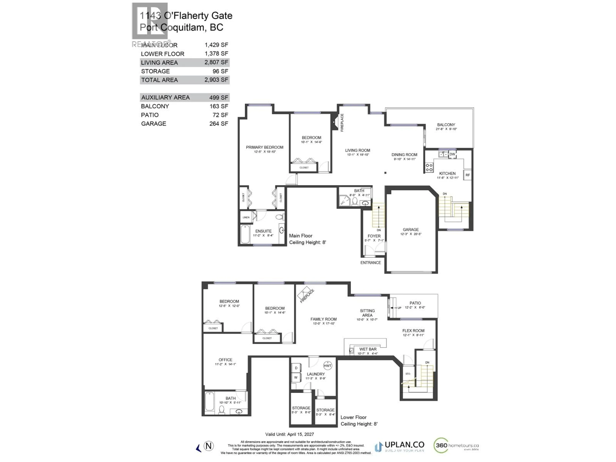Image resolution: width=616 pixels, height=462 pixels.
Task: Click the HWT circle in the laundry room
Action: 328,366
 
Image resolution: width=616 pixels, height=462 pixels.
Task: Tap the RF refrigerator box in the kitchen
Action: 468,175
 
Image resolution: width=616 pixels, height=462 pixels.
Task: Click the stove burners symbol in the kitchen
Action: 429,167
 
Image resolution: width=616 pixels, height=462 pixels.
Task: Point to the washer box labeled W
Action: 296,378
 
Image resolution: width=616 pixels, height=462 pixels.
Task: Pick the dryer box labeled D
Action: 296,368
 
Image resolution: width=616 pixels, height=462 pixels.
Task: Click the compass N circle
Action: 209,446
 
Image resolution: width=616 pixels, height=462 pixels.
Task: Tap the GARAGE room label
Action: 411,229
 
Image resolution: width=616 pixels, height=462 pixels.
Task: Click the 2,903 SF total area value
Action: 216,80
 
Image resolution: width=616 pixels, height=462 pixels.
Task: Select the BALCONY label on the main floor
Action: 446,125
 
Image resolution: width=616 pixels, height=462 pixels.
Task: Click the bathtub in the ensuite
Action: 245,234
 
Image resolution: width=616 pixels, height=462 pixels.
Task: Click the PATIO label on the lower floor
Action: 415,303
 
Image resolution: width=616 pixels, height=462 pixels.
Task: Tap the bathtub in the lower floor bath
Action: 209,401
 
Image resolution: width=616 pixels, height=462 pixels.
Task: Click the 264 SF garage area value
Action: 219,124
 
